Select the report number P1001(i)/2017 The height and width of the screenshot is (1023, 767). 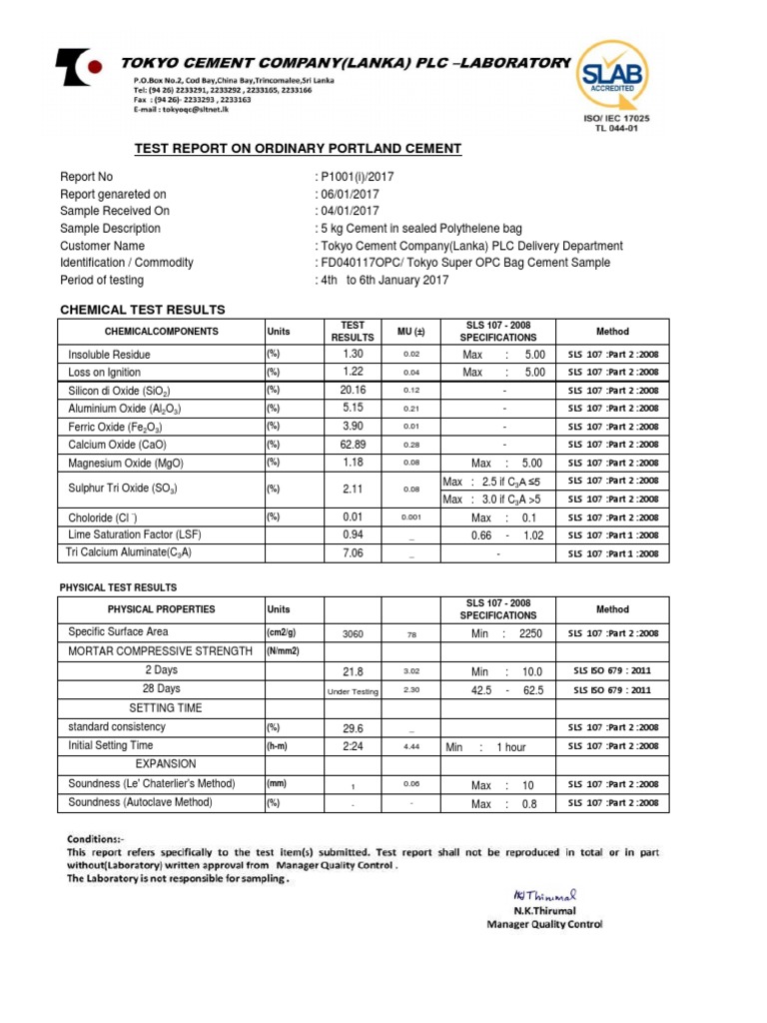[357, 177]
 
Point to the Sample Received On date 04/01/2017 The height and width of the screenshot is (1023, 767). [350, 211]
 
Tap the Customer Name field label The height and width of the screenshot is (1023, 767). [102, 246]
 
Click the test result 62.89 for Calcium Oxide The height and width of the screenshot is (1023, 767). [354, 445]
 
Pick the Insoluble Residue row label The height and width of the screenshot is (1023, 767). [109, 355]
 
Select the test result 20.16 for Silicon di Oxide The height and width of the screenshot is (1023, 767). [354, 391]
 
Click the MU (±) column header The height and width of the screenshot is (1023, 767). [410, 332]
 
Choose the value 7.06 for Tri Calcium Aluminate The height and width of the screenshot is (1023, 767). [354, 553]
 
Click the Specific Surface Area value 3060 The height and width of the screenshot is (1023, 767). [354, 633]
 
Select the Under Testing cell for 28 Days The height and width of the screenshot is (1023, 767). [354, 690]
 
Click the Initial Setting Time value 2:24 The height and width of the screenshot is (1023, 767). [354, 745]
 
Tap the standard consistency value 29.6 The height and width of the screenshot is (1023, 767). [354, 727]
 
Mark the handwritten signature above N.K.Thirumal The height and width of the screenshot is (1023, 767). [538, 895]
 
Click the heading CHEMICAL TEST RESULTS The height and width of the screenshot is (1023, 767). [143, 310]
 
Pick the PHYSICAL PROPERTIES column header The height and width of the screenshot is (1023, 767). [161, 609]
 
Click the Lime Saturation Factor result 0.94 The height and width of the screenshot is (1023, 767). [354, 535]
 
